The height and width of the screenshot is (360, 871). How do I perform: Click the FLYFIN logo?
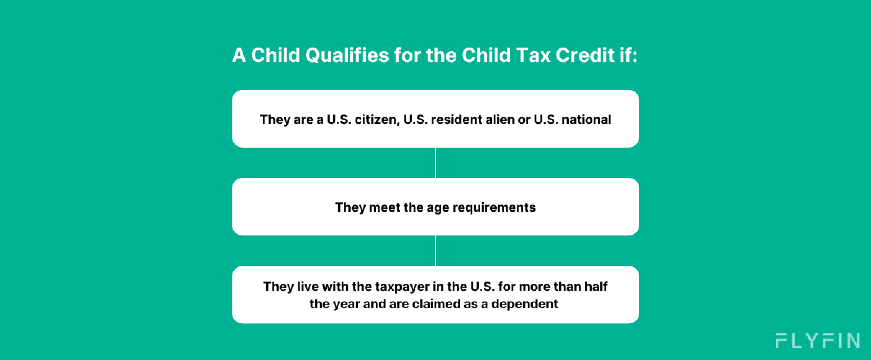click(817, 341)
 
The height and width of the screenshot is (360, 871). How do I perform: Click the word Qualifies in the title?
click(347, 55)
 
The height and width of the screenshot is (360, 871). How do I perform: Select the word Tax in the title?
click(533, 55)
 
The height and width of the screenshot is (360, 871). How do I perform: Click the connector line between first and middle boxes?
click(435, 163)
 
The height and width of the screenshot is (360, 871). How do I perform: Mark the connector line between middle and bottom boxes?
click(435, 251)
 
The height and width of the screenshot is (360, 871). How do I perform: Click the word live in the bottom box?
click(308, 287)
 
